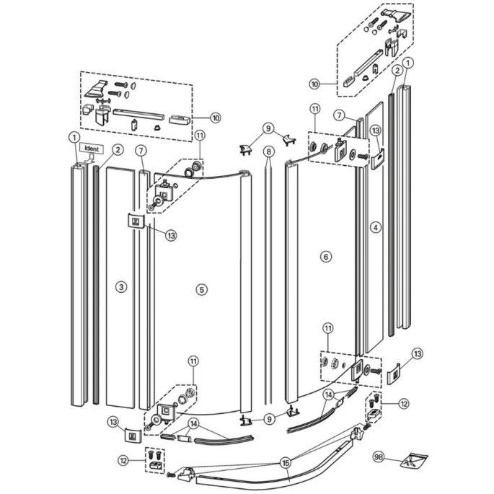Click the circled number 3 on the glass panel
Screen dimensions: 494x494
(120, 287)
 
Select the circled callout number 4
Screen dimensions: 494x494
(374, 226)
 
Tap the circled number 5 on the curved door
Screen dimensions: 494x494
(201, 289)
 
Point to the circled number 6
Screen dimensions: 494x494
(325, 257)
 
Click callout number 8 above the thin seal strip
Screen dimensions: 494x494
(268, 151)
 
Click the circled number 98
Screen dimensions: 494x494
(377, 457)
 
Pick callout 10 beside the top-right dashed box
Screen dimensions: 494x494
(314, 84)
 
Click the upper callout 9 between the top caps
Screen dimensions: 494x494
(268, 128)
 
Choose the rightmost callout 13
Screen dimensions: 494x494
(417, 353)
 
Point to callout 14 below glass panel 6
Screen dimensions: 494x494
(327, 394)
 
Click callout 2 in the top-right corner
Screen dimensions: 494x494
(397, 70)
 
